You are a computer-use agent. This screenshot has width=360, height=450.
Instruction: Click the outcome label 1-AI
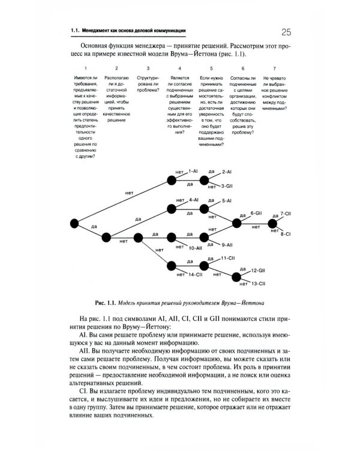click(x=193, y=171)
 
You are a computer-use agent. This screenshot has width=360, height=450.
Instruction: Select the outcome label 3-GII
click(x=226, y=186)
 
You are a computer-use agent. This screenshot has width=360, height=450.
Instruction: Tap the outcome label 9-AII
click(x=227, y=245)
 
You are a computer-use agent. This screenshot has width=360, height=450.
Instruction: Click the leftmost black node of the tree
click(x=75, y=223)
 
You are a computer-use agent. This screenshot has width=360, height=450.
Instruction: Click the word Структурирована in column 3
click(x=147, y=82)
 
